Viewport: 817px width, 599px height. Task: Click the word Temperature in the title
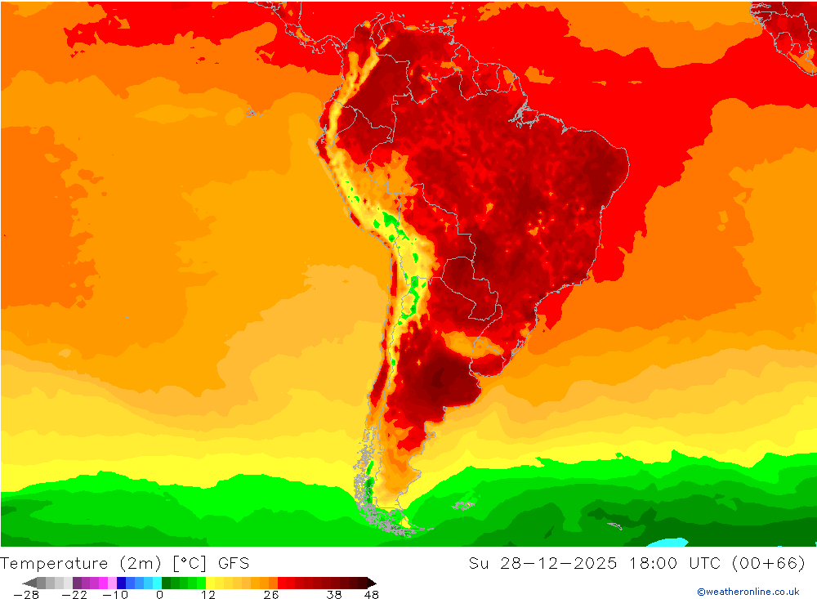pyautogui.click(x=54, y=563)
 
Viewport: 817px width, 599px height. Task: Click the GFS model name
pyautogui.click(x=234, y=563)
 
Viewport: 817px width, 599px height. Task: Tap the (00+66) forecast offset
pyautogui.click(x=770, y=563)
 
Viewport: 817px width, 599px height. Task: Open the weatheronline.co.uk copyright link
pyautogui.click(x=748, y=592)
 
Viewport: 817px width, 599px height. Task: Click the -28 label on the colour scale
pyautogui.click(x=26, y=595)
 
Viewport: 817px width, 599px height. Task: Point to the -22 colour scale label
pyautogui.click(x=74, y=595)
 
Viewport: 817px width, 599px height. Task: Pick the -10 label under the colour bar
pyautogui.click(x=116, y=595)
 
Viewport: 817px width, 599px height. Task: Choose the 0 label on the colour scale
pyautogui.click(x=158, y=595)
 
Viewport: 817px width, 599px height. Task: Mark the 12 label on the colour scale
pyautogui.click(x=208, y=595)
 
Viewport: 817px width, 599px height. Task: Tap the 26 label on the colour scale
pyautogui.click(x=270, y=595)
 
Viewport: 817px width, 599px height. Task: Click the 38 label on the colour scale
pyautogui.click(x=333, y=595)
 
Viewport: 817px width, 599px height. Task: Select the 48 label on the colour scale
pyautogui.click(x=371, y=595)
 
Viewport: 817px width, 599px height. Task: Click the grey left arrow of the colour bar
pyautogui.click(x=29, y=583)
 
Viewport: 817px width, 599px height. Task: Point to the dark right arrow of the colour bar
pyautogui.click(x=371, y=583)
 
